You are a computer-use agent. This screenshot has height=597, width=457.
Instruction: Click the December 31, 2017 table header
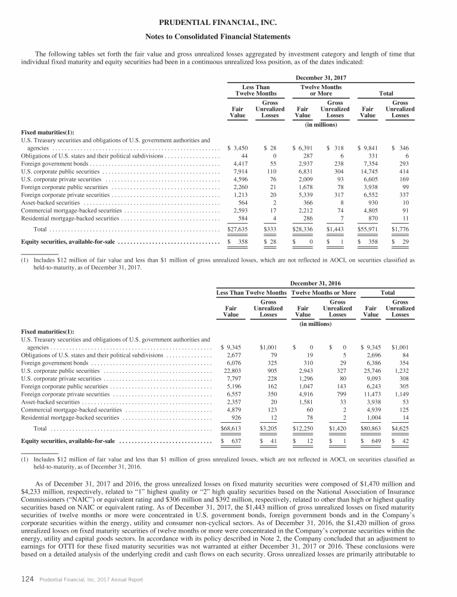pos(321,77)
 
